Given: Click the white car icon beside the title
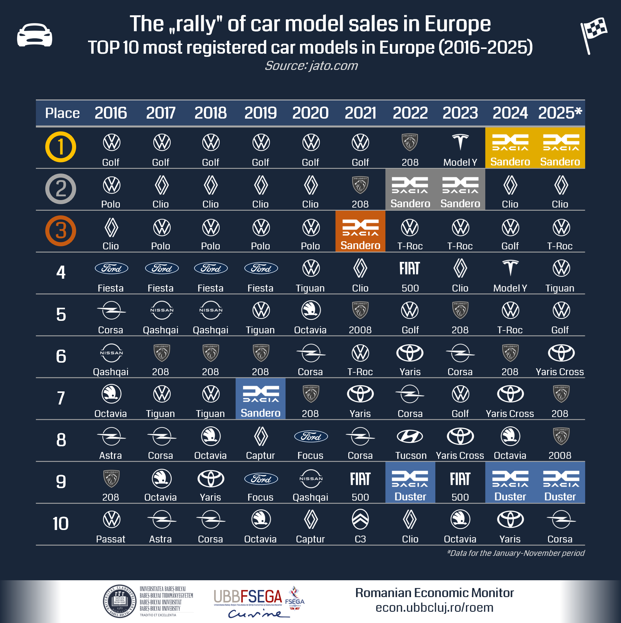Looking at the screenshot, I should (x=35, y=35).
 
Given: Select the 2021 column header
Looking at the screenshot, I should (x=360, y=113).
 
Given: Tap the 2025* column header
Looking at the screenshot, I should (x=560, y=113).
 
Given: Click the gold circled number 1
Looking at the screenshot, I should (x=61, y=147).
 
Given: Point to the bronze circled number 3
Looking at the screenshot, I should (x=61, y=231).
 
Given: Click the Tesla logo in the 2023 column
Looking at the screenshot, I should (x=460, y=142).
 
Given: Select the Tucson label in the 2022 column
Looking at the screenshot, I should (x=411, y=455).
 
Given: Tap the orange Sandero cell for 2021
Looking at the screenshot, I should (x=360, y=231).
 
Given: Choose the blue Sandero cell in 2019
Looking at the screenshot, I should (x=261, y=399).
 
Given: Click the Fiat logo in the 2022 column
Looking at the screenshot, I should (x=410, y=268).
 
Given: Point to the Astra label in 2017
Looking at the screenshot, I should (x=161, y=539).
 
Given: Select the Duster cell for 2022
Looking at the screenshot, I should (x=410, y=483).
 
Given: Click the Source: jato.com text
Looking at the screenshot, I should (x=311, y=66).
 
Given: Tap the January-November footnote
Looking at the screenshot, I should (x=515, y=553).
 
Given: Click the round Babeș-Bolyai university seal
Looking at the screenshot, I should (x=120, y=601).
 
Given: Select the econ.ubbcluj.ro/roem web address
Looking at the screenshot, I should (x=434, y=607).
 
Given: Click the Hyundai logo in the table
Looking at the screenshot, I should (x=410, y=437).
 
